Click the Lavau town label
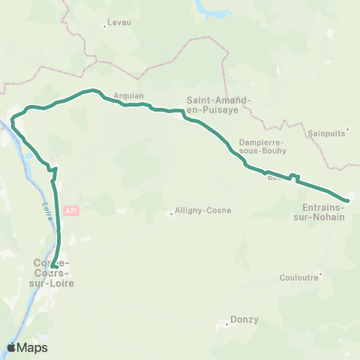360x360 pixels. [x=119, y=22]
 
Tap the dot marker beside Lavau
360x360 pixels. [x=104, y=26]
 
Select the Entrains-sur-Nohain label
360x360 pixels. [x=322, y=212]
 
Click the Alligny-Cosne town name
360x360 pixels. [x=202, y=211]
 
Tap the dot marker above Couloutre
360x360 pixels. [x=320, y=274]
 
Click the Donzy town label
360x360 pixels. [x=245, y=319]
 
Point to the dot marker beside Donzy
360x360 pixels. [x=227, y=325]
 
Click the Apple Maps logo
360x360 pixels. [x=27, y=347]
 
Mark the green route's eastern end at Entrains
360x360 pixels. [x=346, y=199]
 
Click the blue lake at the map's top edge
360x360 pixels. [x=212, y=9]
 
